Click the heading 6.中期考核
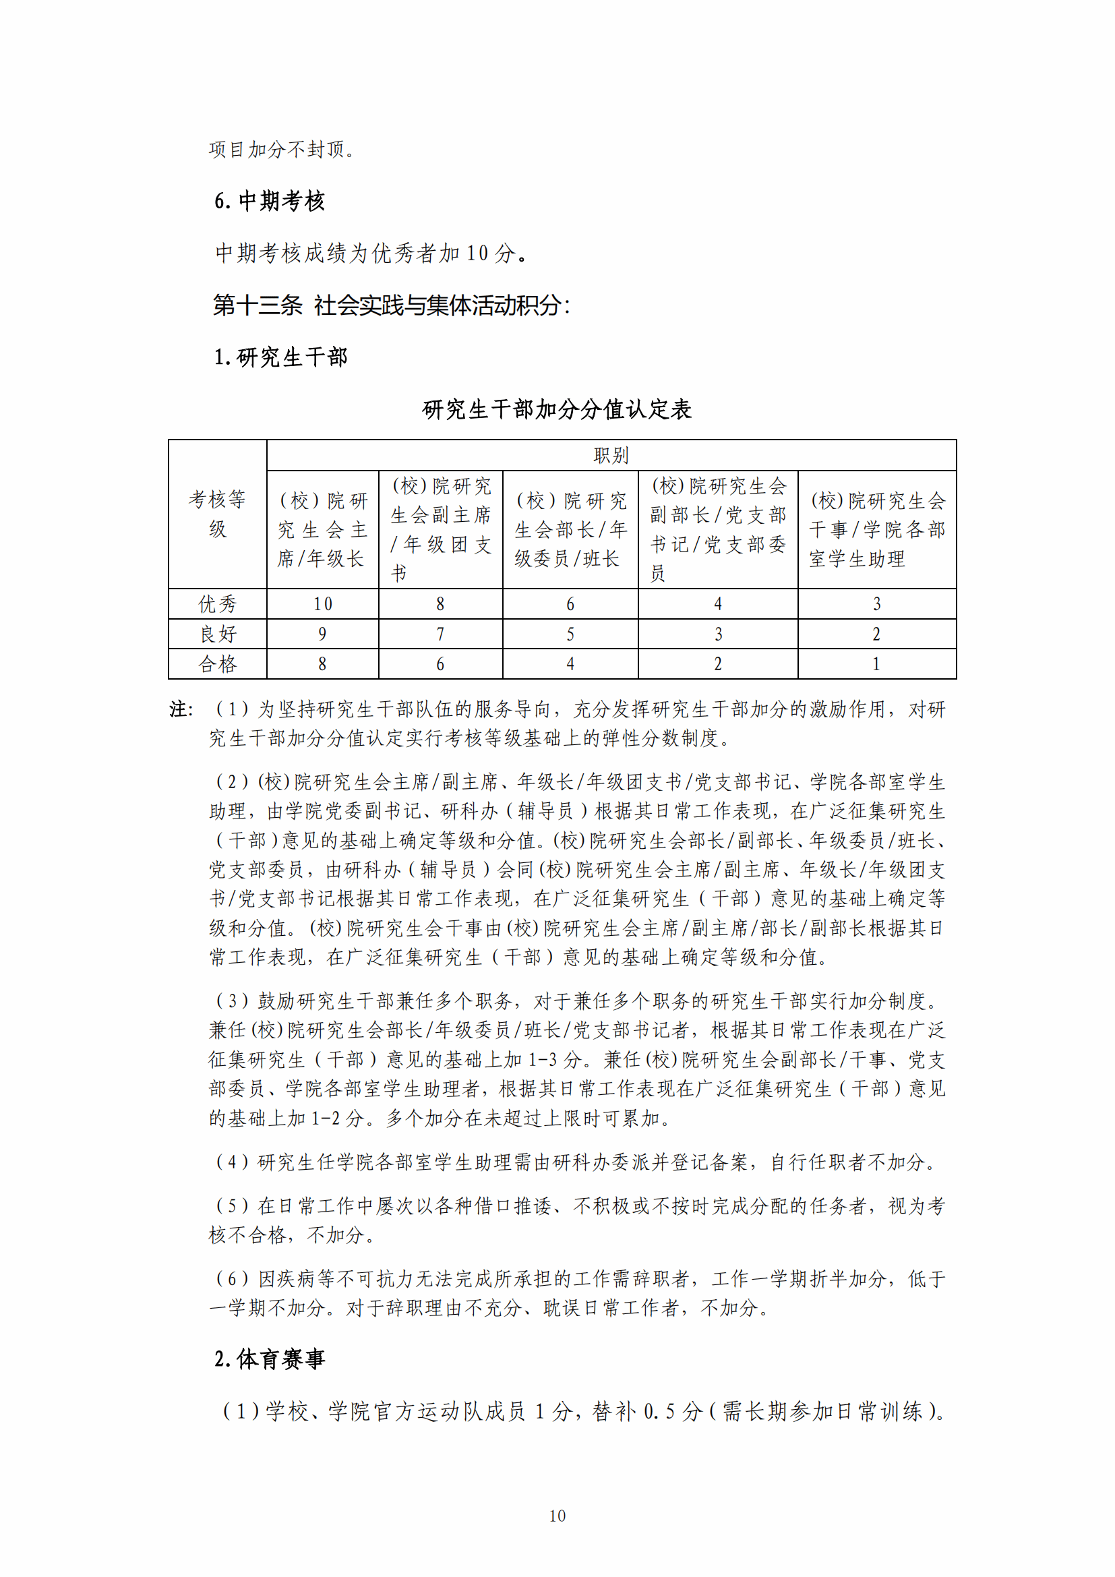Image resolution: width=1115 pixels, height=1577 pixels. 269,201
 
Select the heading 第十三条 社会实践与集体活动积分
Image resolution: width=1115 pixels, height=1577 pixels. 391,305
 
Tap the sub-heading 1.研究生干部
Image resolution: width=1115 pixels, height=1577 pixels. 281,357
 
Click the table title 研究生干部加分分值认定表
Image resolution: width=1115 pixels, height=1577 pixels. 557,409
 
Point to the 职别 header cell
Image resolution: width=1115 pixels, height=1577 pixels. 610,455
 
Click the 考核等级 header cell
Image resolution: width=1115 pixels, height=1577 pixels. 217,514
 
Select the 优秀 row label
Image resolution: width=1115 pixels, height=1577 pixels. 217,603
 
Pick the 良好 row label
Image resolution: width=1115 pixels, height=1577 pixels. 217,634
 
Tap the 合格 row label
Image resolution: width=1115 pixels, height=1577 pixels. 217,663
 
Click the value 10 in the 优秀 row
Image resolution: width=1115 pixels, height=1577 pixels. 323,603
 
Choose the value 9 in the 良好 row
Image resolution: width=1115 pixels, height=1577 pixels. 322,634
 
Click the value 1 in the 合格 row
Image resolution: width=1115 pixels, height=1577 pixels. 876,663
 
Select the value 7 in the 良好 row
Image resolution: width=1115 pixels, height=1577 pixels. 440,634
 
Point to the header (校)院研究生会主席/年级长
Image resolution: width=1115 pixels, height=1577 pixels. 322,529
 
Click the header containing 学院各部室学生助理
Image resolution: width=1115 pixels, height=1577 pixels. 876,529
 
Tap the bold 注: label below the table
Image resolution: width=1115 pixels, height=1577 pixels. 181,709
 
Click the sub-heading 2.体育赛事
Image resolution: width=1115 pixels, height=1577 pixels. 269,1359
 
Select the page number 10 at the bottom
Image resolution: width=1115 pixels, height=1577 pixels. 557,1516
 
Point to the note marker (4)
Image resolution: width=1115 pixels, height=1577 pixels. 231,1162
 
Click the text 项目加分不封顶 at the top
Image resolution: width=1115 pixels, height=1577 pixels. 282,150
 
